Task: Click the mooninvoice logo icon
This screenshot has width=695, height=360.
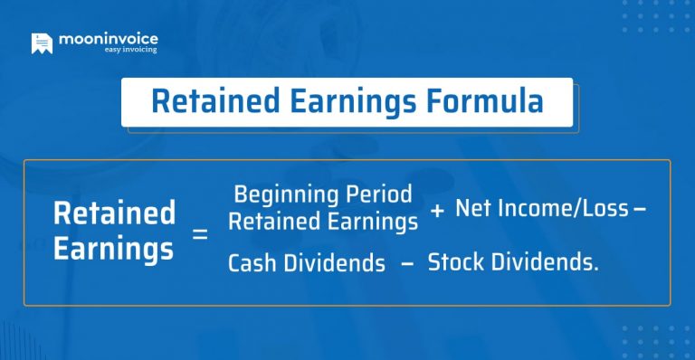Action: click(x=42, y=43)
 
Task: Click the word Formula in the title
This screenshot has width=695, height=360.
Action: click(x=489, y=101)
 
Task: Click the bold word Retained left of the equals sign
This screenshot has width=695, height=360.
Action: click(x=114, y=214)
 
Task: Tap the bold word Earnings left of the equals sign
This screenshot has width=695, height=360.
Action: click(x=114, y=248)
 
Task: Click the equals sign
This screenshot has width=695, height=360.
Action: click(x=200, y=234)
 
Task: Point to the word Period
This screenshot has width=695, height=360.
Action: click(x=381, y=194)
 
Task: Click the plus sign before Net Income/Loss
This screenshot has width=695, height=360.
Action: click(x=437, y=210)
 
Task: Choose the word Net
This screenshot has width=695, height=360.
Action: click(x=474, y=209)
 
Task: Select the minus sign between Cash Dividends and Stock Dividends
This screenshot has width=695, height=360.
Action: click(x=406, y=263)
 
